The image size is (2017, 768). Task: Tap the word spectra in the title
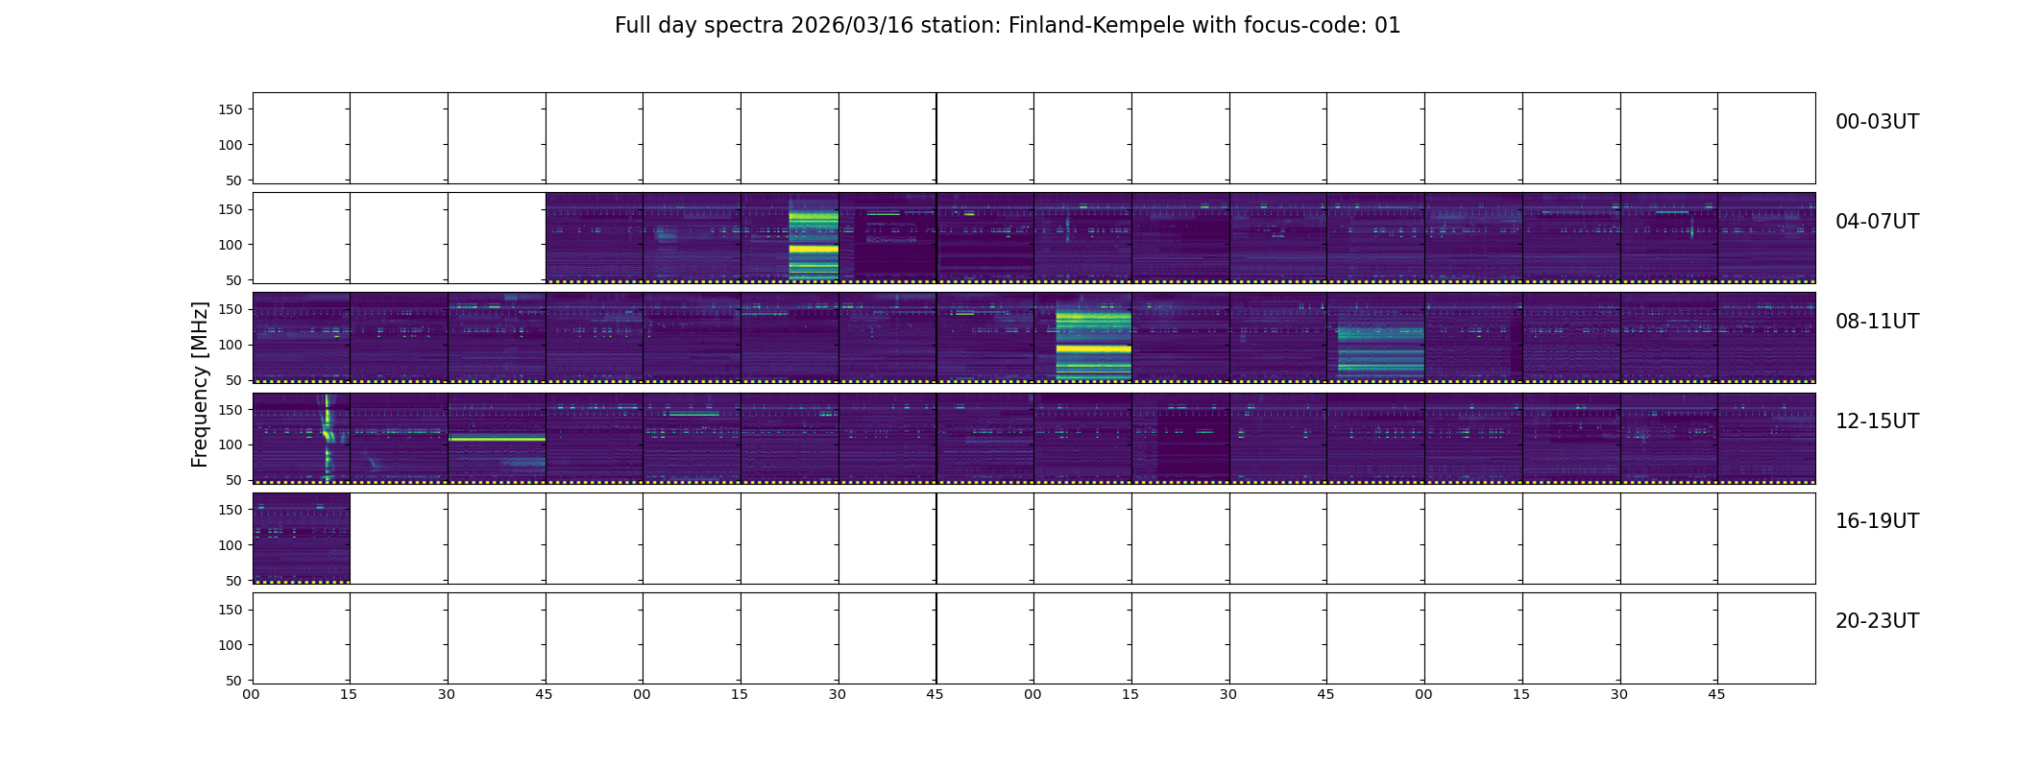point(744,26)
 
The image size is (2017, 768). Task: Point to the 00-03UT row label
point(1877,122)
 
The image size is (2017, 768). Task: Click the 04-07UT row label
point(1877,222)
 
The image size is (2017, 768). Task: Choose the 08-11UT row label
point(1877,322)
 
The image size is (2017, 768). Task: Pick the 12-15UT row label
point(1877,421)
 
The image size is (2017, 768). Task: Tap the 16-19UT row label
point(1877,521)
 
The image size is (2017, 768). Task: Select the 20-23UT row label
point(1877,621)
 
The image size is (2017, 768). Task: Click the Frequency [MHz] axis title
point(200,384)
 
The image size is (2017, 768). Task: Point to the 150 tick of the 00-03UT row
point(231,109)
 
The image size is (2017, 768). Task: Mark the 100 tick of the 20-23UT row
point(231,645)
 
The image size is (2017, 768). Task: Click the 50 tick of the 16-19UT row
point(233,581)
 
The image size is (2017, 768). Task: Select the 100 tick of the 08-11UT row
point(231,345)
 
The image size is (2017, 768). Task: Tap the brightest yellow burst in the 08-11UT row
point(1093,341)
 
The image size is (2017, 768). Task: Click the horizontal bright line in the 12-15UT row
point(497,439)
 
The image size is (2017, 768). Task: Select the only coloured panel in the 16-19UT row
point(301,538)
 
